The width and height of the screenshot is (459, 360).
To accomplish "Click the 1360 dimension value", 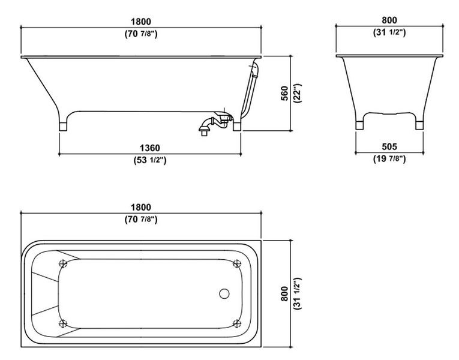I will [150, 148].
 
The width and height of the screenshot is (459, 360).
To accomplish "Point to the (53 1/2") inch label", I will [150, 160].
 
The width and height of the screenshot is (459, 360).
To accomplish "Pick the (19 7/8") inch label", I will [389, 159].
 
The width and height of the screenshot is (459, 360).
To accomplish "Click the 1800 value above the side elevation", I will [142, 21].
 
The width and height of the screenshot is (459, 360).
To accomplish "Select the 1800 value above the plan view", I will [142, 207].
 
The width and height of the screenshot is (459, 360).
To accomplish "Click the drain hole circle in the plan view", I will [224, 294].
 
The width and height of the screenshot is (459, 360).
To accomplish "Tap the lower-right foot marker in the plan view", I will [236, 324].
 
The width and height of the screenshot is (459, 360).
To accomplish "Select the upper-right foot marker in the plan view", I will [236, 263].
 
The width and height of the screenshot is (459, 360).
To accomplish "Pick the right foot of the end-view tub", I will [418, 126].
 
